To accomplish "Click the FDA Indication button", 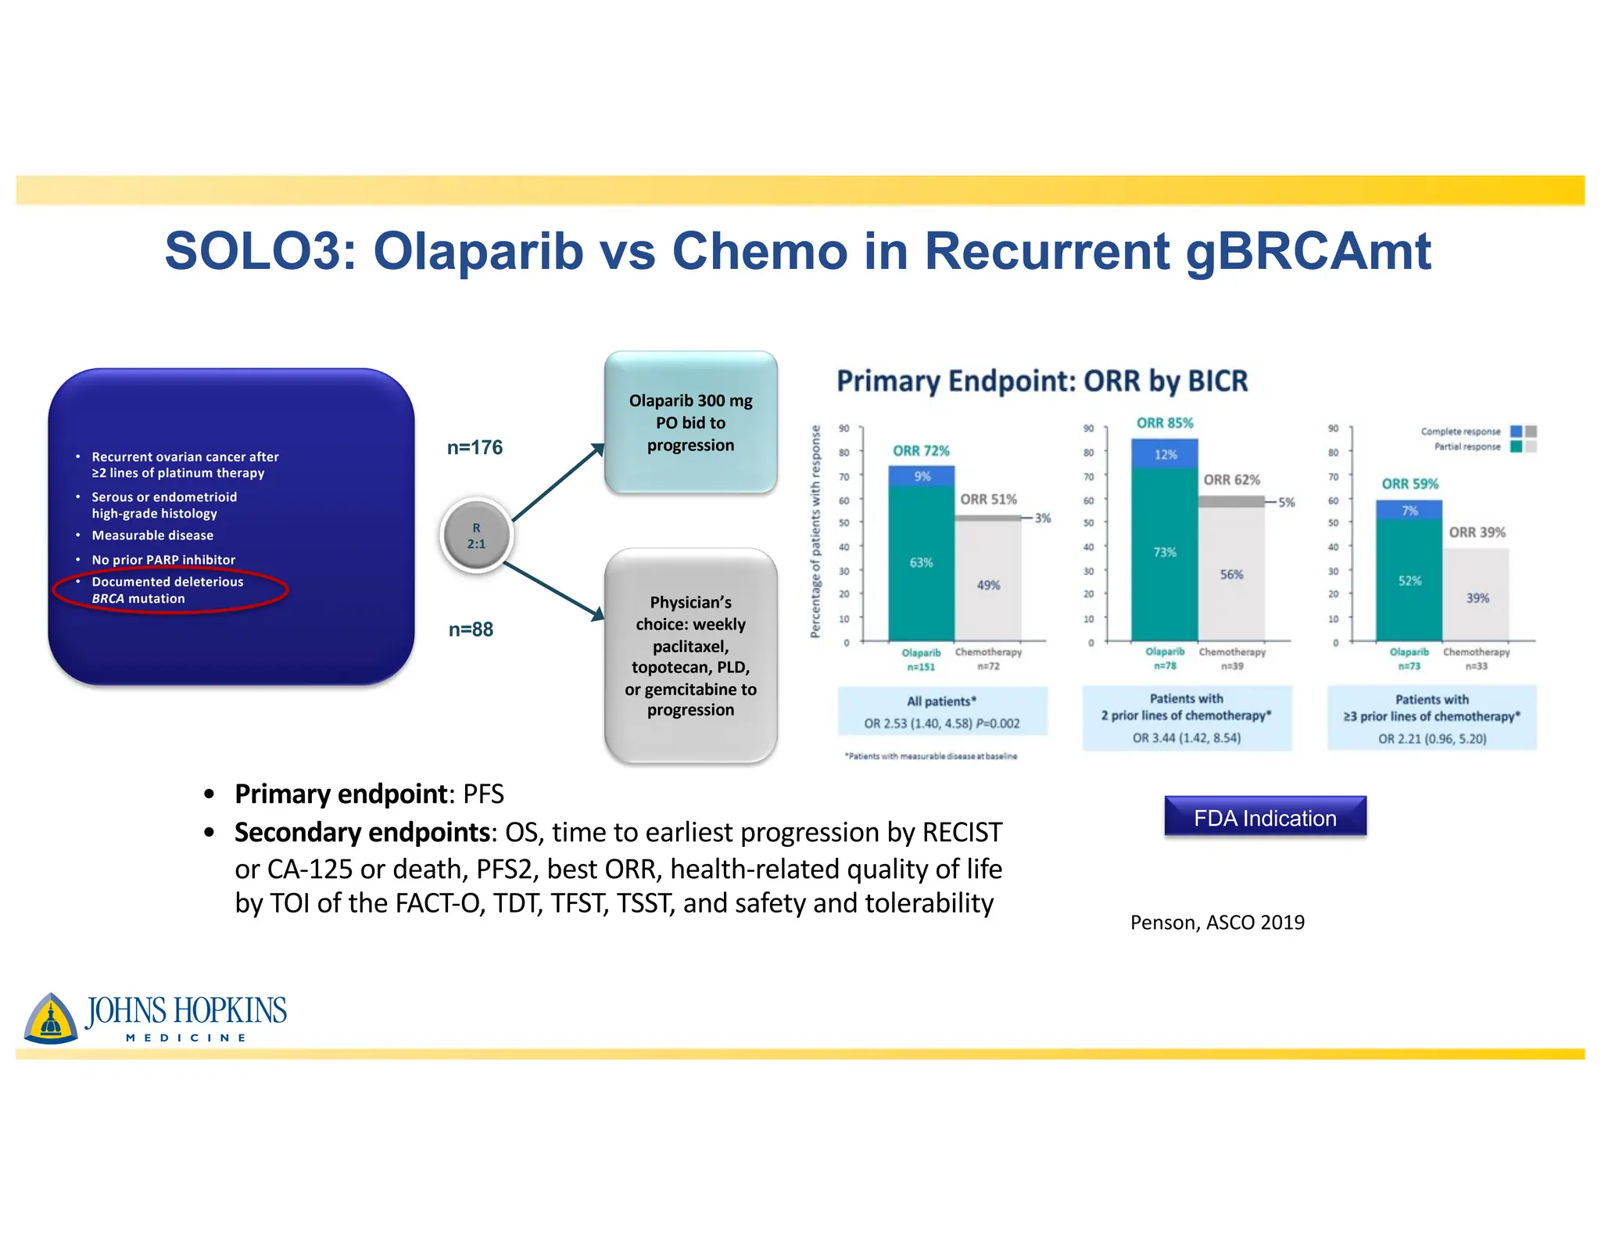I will [1265, 818].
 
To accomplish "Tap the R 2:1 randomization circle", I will [476, 536].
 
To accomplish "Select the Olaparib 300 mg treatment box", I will [690, 422].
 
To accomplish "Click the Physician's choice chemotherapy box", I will [690, 655].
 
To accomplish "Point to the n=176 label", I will [475, 447].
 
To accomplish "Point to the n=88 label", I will [471, 629].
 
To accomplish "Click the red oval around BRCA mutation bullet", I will [170, 590].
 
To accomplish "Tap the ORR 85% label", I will [1165, 423].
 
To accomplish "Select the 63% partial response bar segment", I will [921, 562].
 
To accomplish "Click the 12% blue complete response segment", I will [1165, 454].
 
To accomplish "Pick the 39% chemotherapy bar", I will [1477, 597].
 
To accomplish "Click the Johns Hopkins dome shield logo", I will [51, 1019].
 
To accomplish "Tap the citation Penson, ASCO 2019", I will [1217, 923].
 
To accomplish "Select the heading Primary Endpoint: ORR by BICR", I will [1042, 381].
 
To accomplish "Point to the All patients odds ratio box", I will [942, 712].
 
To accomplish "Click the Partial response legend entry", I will [1467, 446].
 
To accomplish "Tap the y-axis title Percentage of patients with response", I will [815, 532].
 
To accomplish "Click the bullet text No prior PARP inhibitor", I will [163, 560].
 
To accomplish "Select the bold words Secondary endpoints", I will [362, 832].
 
